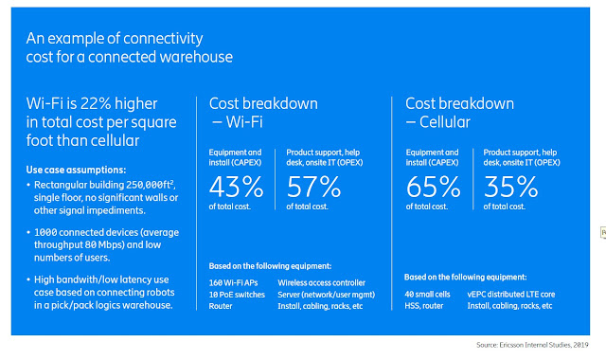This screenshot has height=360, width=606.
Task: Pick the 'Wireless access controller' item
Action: coord(329,281)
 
